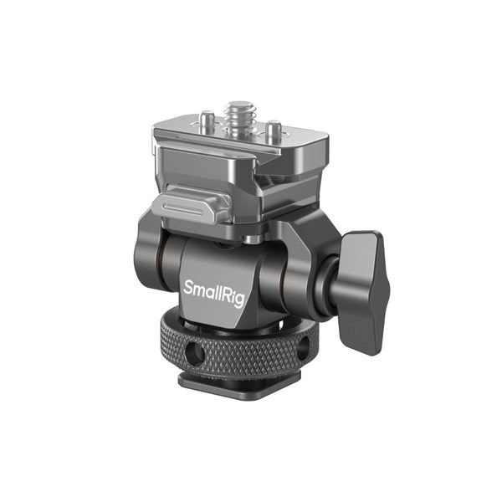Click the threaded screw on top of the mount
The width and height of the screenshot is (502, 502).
click(x=240, y=117)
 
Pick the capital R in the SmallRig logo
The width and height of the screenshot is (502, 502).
click(x=226, y=295)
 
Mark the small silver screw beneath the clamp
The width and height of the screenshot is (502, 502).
click(x=252, y=239)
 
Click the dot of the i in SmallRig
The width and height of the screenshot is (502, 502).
click(x=232, y=289)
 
